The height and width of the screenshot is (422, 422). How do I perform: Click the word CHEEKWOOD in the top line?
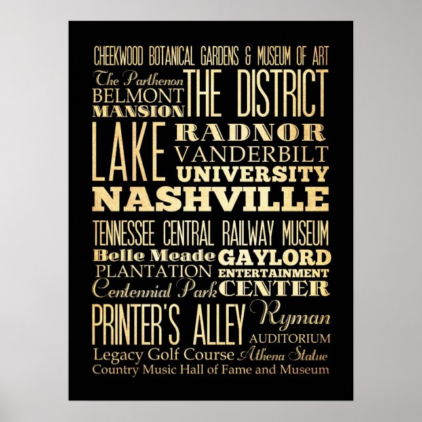(123, 53)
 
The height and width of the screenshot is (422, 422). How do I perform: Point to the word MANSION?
(138, 110)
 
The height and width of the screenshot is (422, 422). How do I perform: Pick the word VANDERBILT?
(251, 155)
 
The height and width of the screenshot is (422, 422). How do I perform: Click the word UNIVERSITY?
(252, 174)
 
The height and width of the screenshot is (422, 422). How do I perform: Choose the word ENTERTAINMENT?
(274, 271)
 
